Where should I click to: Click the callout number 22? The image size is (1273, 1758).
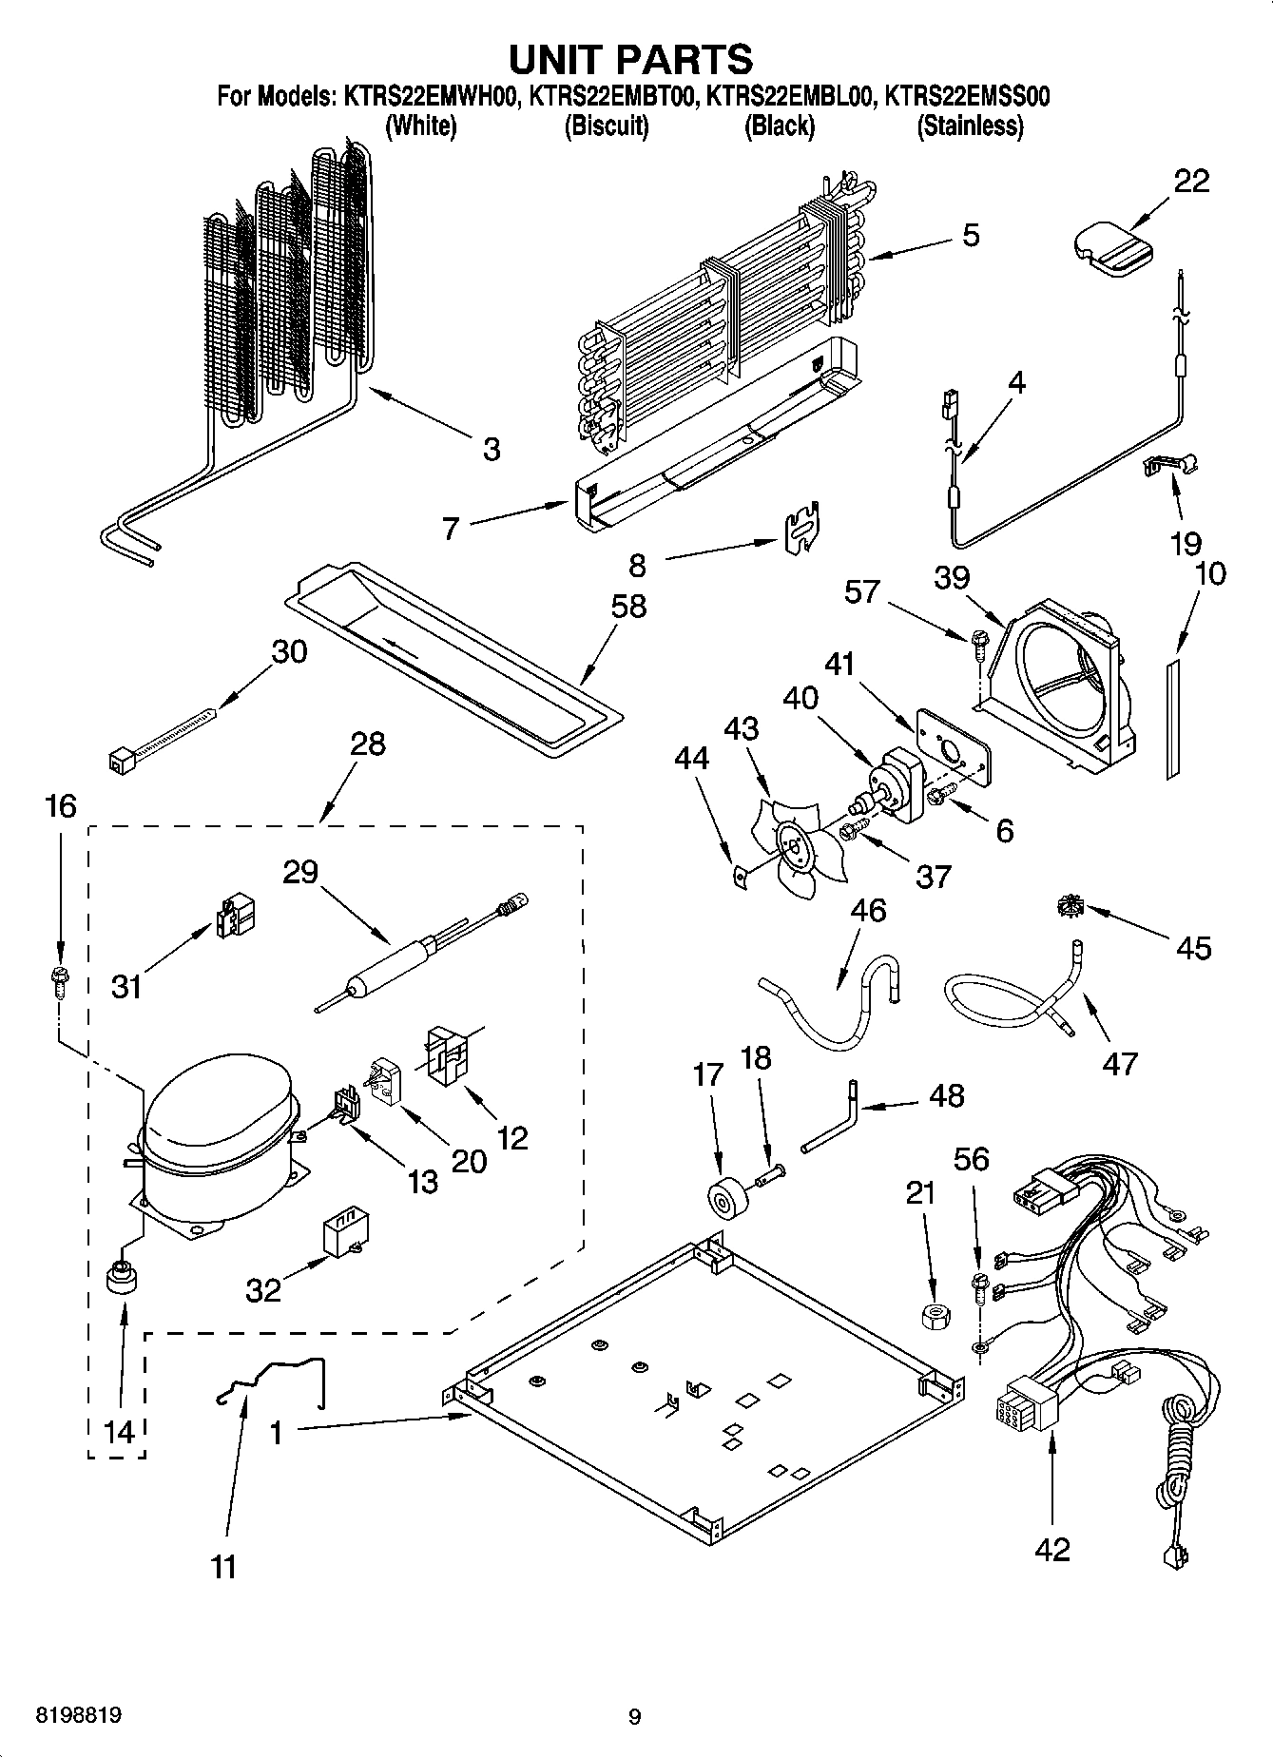pos(1190,181)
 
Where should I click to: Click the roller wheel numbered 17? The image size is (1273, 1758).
pos(725,1200)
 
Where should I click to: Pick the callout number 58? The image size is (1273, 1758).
pos(628,606)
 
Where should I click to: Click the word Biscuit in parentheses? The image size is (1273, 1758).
pos(606,126)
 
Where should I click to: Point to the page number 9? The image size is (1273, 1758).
pos(635,1716)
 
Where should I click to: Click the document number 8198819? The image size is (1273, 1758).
pos(78,1715)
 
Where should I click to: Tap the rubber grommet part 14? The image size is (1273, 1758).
pos(120,1279)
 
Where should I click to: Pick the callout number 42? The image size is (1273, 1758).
pos(1051,1549)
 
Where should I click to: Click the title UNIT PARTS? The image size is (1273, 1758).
pos(631,59)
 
